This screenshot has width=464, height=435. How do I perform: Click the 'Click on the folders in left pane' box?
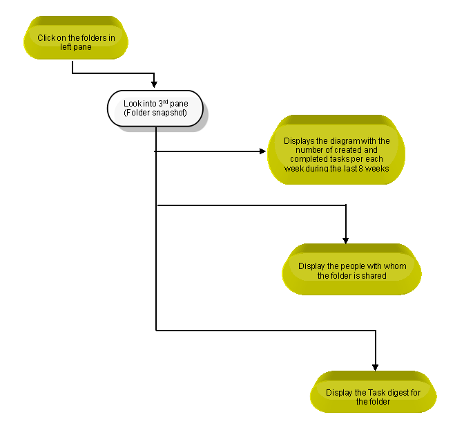tap(76, 37)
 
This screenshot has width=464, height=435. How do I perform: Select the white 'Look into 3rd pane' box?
tap(155, 109)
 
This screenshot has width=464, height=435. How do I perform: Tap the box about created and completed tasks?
tap(336, 149)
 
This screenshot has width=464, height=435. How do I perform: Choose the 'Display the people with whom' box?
tap(351, 269)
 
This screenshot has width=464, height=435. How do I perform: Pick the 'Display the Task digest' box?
tap(373, 391)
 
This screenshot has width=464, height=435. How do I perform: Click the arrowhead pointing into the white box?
tap(154, 84)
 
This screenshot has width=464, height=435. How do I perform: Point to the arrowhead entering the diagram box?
tap(263, 151)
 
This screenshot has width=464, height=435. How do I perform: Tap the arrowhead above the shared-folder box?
tap(346, 240)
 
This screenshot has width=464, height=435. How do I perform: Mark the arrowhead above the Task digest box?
tap(375, 367)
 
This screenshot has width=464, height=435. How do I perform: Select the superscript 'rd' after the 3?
tap(166, 102)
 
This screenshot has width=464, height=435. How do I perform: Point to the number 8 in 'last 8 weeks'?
tap(360, 169)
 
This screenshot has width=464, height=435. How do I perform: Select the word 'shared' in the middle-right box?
tap(376, 275)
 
